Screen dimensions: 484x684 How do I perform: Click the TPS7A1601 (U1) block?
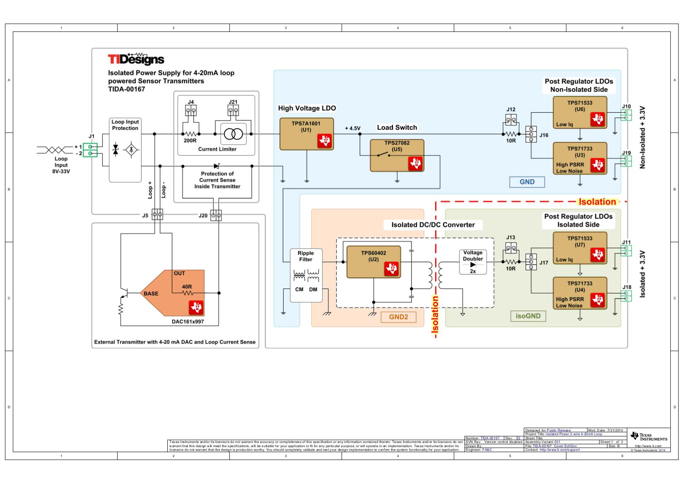306,134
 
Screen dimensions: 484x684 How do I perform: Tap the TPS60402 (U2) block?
373,262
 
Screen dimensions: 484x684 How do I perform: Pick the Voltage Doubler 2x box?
472,262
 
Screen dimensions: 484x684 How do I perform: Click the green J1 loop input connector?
90,150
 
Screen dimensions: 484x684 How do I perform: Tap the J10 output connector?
626,115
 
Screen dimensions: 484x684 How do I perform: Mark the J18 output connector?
626,296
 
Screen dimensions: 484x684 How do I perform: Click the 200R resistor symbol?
190,134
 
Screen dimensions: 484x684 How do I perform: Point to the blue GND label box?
527,182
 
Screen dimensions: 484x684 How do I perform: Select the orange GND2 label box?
398,317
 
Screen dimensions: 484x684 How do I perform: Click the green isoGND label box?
528,316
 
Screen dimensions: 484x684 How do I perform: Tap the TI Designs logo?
136,59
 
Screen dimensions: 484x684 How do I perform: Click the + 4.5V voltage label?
352,128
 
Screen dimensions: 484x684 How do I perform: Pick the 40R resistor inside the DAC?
188,293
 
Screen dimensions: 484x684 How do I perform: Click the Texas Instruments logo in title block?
648,437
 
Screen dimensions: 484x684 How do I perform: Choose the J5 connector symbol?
157,214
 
